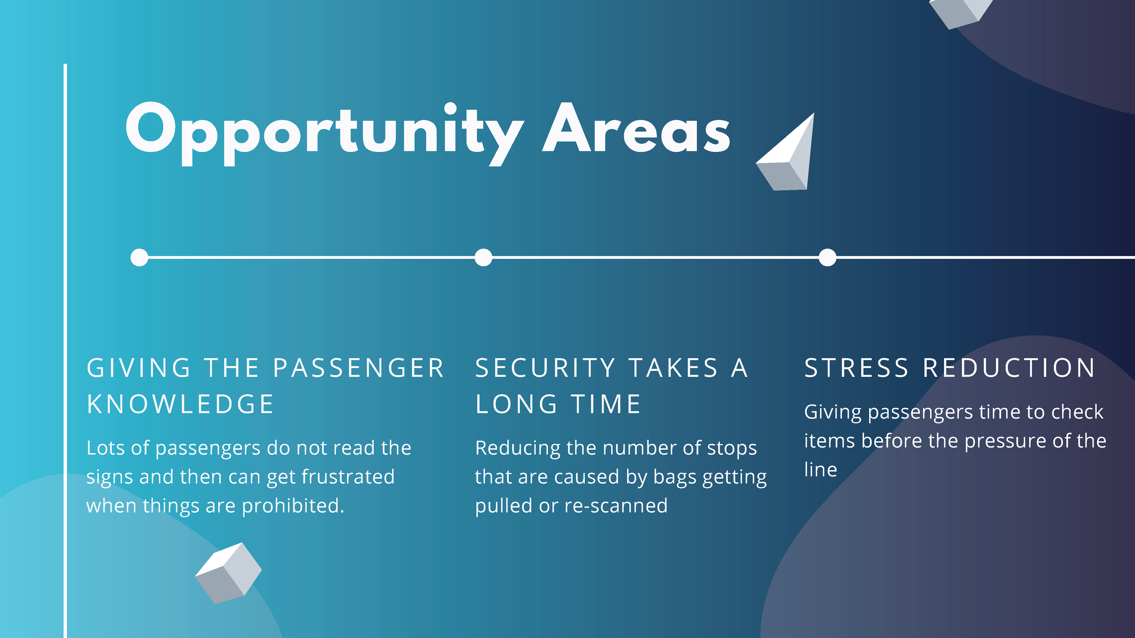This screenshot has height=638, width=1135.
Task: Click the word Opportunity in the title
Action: [x=325, y=134]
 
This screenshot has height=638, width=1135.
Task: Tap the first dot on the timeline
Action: [x=139, y=258]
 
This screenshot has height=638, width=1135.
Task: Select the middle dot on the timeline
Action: [x=483, y=258]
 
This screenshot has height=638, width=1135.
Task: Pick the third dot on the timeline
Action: [x=828, y=258]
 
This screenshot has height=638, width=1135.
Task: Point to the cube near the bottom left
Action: [x=228, y=573]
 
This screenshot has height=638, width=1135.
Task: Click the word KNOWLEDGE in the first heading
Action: [x=180, y=404]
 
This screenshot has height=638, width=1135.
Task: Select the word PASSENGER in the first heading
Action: [x=359, y=368]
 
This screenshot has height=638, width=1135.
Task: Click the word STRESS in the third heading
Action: [x=857, y=368]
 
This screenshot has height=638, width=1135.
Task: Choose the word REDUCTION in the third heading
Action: [x=1009, y=368]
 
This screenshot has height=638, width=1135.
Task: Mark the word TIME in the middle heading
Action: [x=606, y=404]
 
